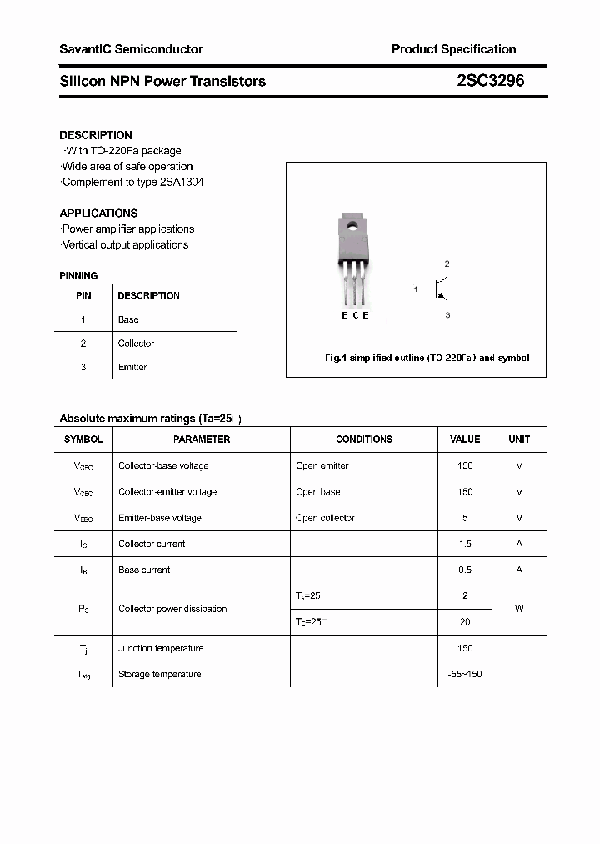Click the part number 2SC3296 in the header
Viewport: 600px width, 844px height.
(x=490, y=81)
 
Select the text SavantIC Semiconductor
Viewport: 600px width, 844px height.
(x=131, y=49)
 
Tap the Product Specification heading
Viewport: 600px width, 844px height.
(x=453, y=49)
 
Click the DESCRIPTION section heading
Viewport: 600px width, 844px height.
(x=96, y=135)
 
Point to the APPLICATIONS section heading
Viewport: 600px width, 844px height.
(x=98, y=214)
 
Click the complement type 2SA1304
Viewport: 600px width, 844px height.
(x=182, y=182)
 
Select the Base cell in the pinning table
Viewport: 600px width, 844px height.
(x=128, y=319)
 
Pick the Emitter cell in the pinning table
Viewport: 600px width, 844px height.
(x=132, y=367)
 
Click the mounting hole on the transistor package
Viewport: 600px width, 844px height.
(x=352, y=224)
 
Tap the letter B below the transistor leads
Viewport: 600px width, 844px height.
(x=345, y=315)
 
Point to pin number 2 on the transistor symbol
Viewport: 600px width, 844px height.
(x=447, y=264)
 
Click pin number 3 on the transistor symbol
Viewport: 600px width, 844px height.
(x=447, y=315)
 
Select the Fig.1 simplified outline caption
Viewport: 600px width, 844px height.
(x=427, y=358)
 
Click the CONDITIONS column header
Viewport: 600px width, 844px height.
(x=364, y=440)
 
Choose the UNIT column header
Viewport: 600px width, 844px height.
(x=519, y=440)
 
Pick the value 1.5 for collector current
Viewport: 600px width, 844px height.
(x=465, y=544)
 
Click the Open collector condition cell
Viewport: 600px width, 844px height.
(x=325, y=518)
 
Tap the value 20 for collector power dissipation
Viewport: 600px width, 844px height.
(x=465, y=622)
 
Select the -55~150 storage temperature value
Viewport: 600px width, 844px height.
(x=465, y=674)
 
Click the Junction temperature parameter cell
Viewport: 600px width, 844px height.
(x=161, y=648)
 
